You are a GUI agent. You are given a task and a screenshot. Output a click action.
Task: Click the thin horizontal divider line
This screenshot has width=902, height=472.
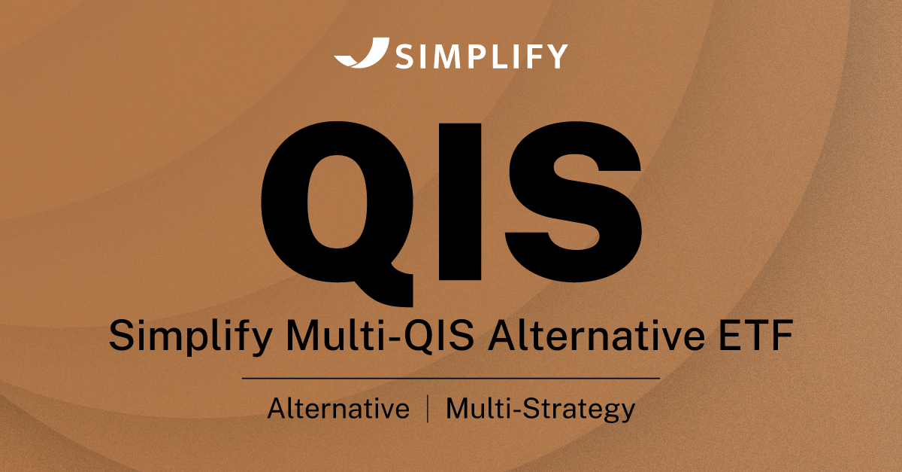[x=451, y=377]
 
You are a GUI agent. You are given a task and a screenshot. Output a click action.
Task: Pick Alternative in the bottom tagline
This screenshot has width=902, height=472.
[x=339, y=410]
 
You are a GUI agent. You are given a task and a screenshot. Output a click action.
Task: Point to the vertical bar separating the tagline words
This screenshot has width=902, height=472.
[x=428, y=410]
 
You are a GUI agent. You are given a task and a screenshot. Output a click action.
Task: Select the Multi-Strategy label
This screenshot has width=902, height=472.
[x=540, y=410]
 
